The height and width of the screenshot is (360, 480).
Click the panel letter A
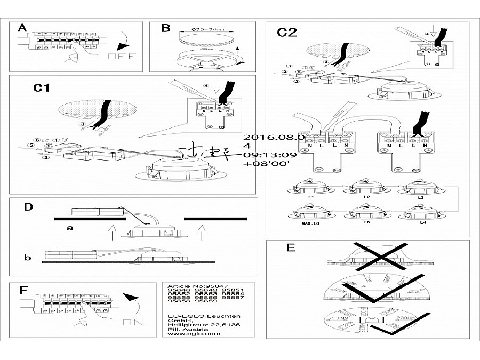pos(22,28)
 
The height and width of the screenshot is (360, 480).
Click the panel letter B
pos(165,28)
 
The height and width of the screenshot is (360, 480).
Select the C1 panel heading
pos(41,88)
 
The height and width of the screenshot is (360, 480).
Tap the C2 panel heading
pos(286,33)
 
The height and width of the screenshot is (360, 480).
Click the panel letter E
pos(290,248)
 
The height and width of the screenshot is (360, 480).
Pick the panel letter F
pos(23,290)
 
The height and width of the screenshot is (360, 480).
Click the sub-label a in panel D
pos(69,228)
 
